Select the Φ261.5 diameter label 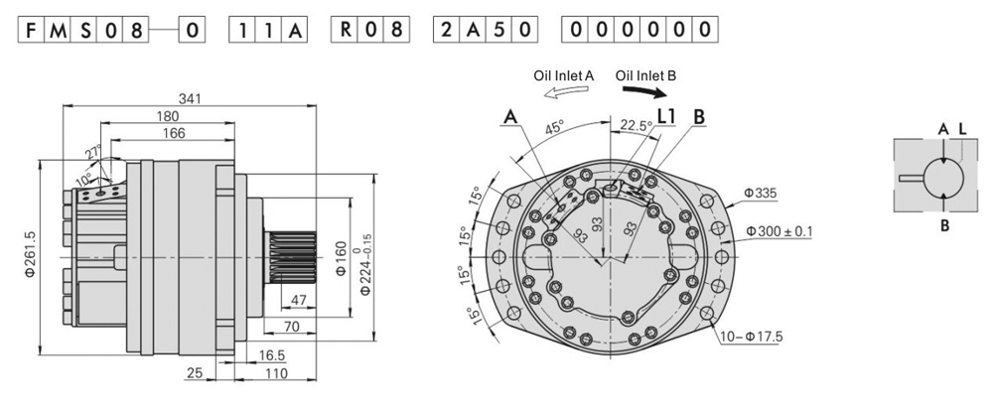[x=30, y=257]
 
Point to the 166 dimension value [x=173, y=132]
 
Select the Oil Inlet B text [x=645, y=74]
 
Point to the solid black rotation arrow [x=644, y=93]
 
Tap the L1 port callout [x=666, y=116]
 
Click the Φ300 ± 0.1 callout [x=779, y=231]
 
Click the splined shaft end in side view [x=293, y=257]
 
